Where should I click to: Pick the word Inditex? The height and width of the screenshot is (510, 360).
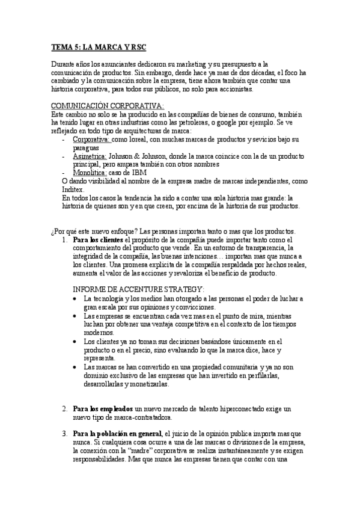pyautogui.click(x=75, y=188)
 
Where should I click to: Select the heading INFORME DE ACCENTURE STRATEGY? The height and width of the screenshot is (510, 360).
pyautogui.click(x=139, y=289)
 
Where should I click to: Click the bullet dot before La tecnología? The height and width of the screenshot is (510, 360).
pyautogui.click(x=74, y=298)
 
